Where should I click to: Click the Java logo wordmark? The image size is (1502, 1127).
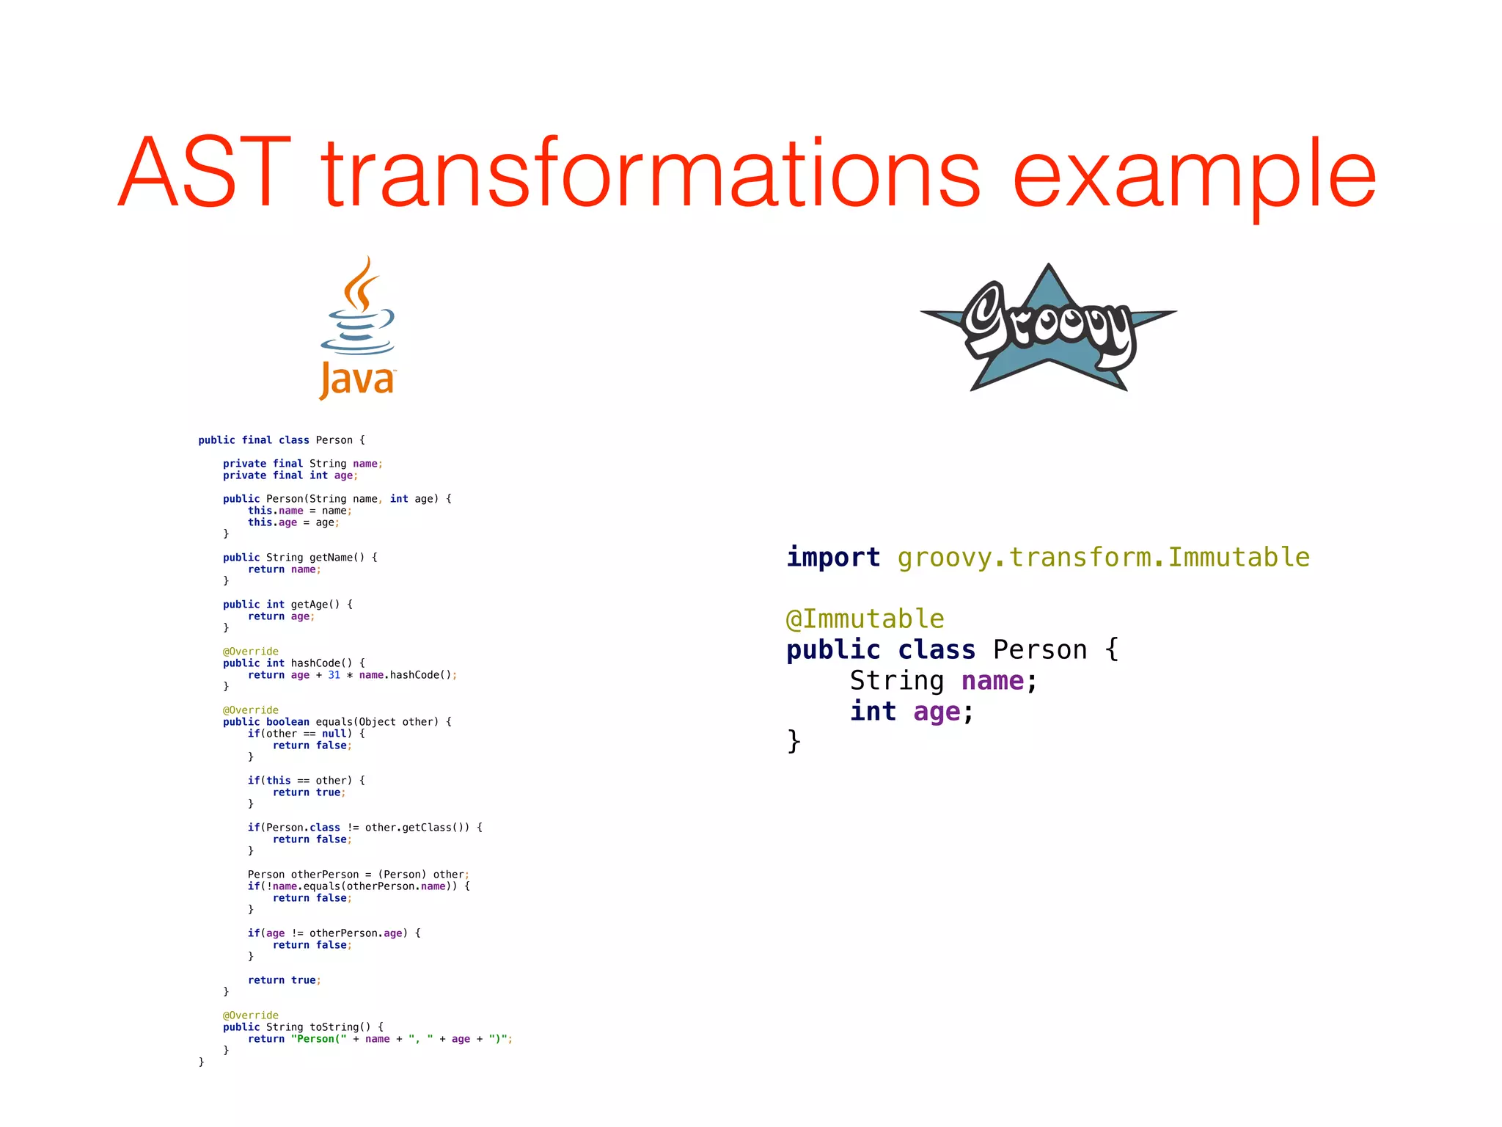click(357, 379)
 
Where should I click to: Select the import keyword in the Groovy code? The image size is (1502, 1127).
click(833, 557)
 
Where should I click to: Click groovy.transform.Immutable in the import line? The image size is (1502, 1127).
click(1103, 557)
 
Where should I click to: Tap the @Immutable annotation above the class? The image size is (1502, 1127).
click(865, 619)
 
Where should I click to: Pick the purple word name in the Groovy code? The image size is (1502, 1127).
click(992, 681)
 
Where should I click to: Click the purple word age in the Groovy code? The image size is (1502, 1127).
click(937, 712)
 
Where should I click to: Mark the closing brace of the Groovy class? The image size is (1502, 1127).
click(794, 741)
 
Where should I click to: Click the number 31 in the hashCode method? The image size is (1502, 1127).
click(334, 675)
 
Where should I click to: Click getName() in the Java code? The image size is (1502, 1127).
click(337, 558)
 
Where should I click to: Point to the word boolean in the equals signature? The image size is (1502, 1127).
click(287, 722)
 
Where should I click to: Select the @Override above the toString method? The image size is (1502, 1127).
click(251, 1015)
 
